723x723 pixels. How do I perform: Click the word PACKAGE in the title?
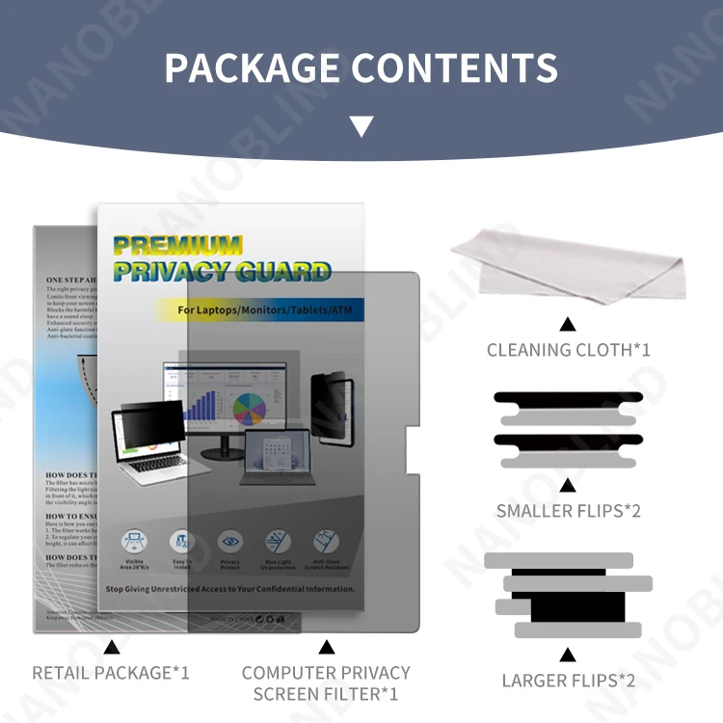(x=253, y=67)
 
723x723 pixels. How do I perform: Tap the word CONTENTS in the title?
(x=454, y=67)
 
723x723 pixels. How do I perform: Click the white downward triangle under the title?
(x=361, y=126)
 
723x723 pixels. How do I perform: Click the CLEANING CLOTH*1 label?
(x=568, y=349)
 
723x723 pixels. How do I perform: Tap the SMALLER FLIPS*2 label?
(x=568, y=511)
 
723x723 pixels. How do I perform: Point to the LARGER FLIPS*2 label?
(x=568, y=681)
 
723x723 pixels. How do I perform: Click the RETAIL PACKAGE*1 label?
(x=111, y=672)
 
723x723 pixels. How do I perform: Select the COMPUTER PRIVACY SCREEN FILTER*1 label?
(x=326, y=683)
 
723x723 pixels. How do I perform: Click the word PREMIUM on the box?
(x=177, y=245)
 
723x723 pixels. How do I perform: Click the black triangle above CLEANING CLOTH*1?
(x=568, y=324)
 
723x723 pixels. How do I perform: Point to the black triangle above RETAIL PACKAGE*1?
(x=111, y=647)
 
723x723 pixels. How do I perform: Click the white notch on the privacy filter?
(x=413, y=448)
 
